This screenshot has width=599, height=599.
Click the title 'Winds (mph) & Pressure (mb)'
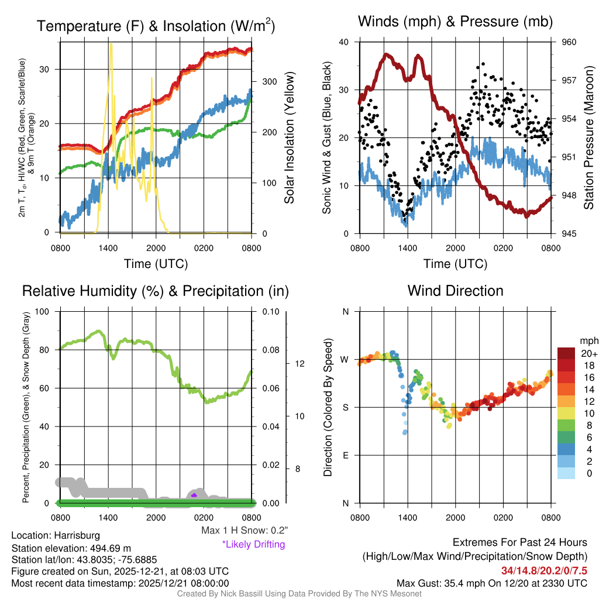pos(455,22)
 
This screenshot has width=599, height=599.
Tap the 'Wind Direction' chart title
pos(455,291)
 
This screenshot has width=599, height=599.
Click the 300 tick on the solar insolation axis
pos(261,81)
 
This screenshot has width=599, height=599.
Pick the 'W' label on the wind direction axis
pos(345,359)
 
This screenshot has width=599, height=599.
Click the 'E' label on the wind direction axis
pos(345,455)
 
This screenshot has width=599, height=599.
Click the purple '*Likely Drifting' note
pos(253,544)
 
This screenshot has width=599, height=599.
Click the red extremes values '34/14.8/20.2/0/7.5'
pos(544,570)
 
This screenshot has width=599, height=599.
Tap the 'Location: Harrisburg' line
pos(56,535)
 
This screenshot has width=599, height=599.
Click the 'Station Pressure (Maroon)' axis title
pos(589,137)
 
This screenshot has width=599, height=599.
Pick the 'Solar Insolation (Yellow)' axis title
pos(290,137)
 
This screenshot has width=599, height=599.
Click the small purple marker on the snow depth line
pos(194,495)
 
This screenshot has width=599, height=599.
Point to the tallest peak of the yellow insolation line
pos(111,44)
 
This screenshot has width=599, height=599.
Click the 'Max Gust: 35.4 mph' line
pos(491,583)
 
